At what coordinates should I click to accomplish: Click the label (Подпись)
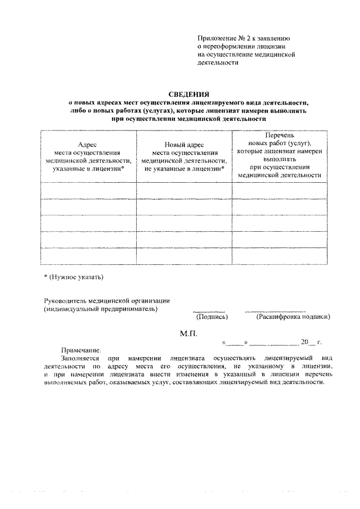211,317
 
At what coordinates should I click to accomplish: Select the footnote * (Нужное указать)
74,277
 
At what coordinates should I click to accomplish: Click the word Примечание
81,349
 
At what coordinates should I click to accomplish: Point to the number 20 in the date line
305,342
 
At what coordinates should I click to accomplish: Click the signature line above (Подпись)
209,311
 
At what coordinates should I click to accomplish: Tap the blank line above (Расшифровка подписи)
276,311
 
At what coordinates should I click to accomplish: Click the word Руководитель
66,300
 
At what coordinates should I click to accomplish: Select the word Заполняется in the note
79,358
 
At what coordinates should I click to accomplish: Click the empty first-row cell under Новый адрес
184,191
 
